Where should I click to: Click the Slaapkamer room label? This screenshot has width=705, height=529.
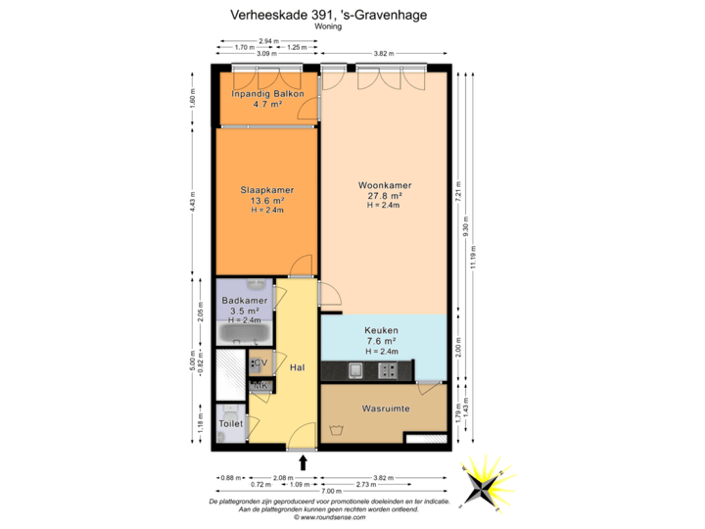pyautogui.click(x=267, y=190)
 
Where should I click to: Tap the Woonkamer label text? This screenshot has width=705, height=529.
pyautogui.click(x=384, y=185)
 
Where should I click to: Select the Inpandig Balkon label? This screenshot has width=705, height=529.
pyautogui.click(x=267, y=94)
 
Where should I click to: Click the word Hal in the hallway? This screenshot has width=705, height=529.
pyautogui.click(x=298, y=367)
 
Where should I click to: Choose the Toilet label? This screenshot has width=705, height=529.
pyautogui.click(x=230, y=423)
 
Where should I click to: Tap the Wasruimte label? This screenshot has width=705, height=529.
pyautogui.click(x=385, y=408)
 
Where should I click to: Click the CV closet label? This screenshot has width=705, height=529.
pyautogui.click(x=260, y=363)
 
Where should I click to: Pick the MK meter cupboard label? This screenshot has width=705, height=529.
pyautogui.click(x=260, y=388)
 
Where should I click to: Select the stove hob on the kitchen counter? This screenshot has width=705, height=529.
pyautogui.click(x=389, y=370)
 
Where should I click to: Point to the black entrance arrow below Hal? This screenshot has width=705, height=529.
pyautogui.click(x=302, y=461)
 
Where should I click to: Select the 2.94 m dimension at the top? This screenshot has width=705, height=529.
pyautogui.click(x=263, y=40)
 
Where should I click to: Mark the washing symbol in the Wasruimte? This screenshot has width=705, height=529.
pyautogui.click(x=339, y=429)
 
